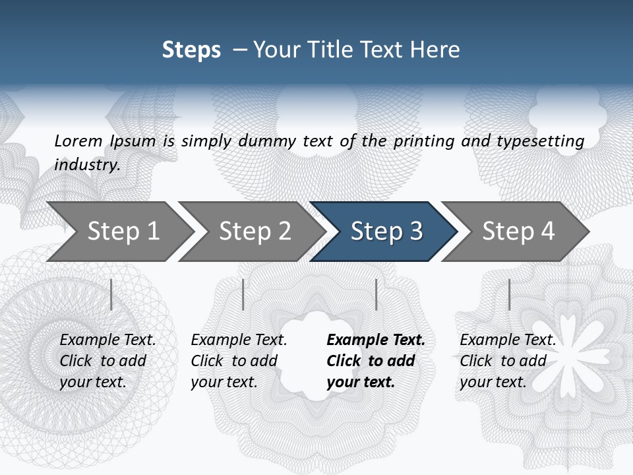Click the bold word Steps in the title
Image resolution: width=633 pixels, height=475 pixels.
(191, 50)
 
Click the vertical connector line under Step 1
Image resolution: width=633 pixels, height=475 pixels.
(111, 294)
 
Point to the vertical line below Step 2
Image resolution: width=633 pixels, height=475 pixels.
(243, 294)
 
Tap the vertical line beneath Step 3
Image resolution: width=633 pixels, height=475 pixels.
(376, 294)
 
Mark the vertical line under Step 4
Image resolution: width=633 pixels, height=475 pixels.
(509, 294)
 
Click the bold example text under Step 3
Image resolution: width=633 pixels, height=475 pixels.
(375, 361)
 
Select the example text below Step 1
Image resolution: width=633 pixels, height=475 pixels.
(107, 361)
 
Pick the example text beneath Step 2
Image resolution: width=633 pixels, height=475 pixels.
(239, 361)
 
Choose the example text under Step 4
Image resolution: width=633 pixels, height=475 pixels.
(508, 361)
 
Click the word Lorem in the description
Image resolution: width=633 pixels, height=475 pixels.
(78, 141)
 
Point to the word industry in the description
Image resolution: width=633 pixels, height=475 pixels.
(86, 165)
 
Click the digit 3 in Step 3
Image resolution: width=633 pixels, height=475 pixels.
(415, 232)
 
